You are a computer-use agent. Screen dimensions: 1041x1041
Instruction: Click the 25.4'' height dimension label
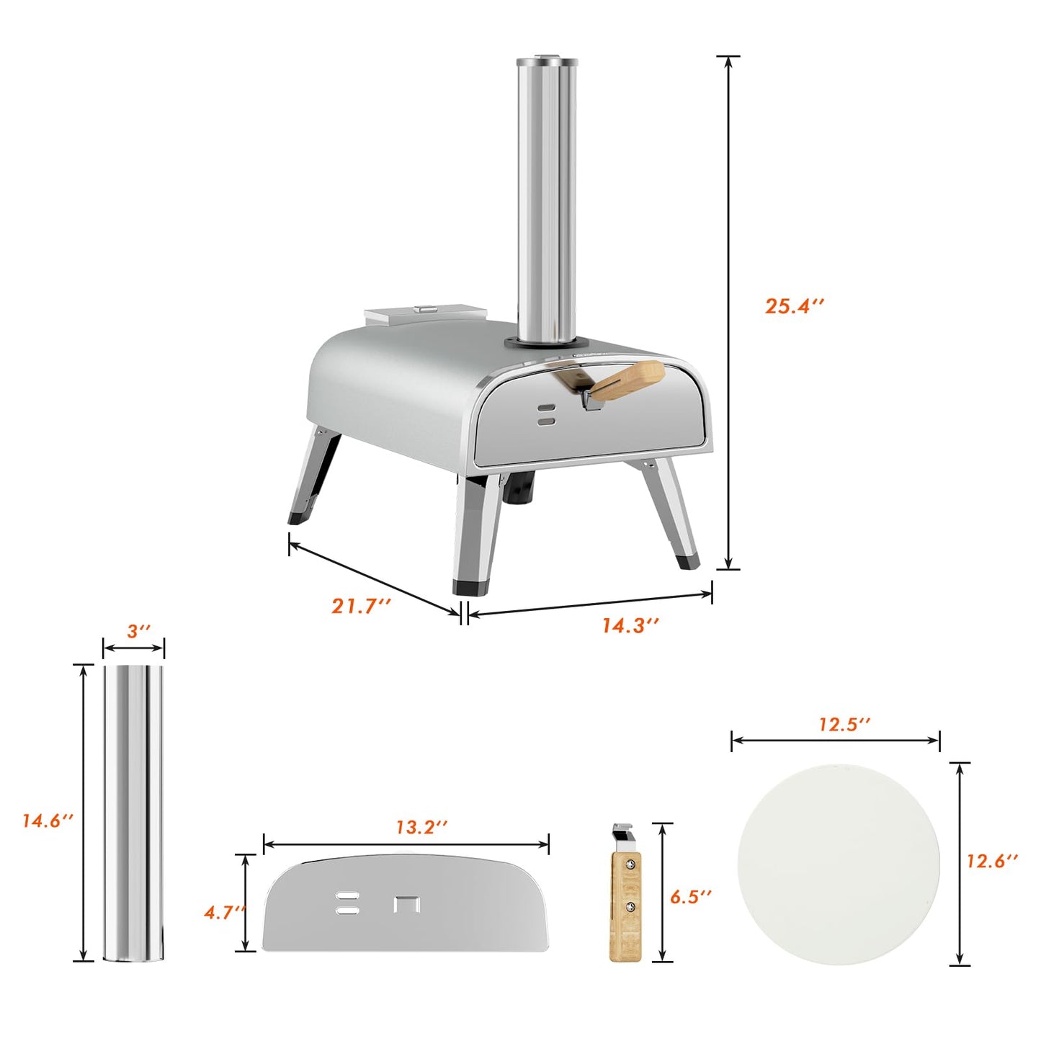click(793, 305)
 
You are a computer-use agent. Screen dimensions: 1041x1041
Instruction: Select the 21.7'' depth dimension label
click(360, 606)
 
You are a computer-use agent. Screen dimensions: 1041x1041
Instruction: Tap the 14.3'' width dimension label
click(630, 625)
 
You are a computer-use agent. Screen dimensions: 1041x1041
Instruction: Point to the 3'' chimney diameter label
click(138, 631)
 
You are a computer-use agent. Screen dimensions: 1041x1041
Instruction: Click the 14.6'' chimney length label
click(48, 821)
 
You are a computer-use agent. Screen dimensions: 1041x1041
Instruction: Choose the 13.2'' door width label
click(421, 827)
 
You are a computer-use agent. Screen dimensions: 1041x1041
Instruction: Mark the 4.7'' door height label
click(224, 912)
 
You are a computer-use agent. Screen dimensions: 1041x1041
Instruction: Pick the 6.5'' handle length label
click(690, 896)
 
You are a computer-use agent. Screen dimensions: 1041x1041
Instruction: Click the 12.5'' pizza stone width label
click(844, 724)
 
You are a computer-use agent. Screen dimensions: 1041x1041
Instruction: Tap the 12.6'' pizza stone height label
click(992, 860)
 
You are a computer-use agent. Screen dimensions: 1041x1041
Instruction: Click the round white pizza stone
click(839, 864)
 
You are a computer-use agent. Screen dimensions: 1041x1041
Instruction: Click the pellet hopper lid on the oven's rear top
click(425, 314)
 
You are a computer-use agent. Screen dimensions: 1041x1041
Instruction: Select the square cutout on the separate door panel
click(407, 904)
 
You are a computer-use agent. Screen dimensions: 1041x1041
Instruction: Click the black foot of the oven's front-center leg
click(470, 587)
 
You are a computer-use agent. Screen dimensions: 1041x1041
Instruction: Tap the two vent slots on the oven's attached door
click(547, 414)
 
